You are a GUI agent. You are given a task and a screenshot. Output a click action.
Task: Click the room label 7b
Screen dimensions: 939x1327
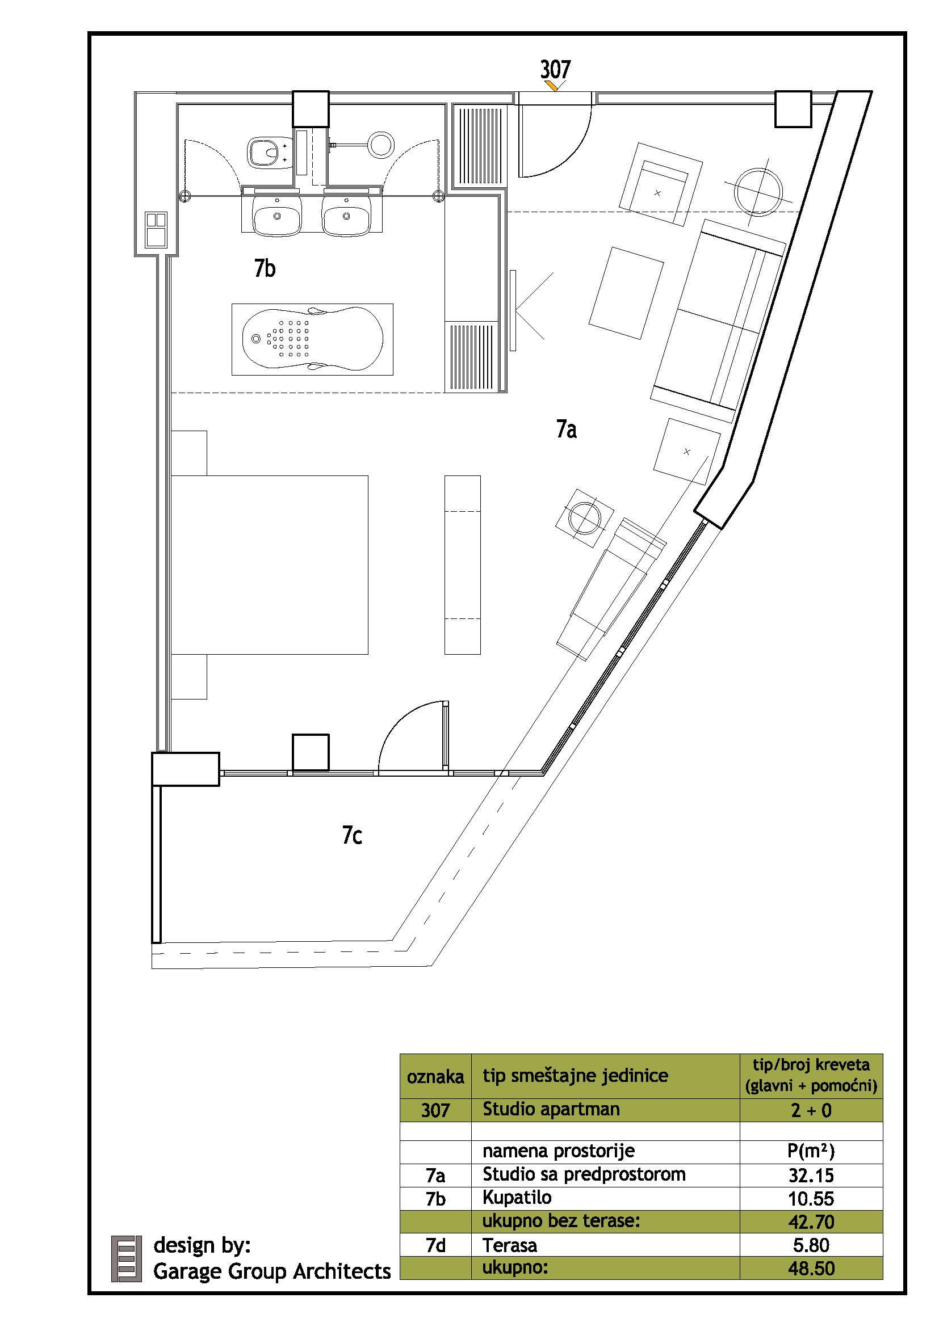coord(265,268)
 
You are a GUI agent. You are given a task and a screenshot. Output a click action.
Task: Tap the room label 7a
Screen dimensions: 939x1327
coord(566,429)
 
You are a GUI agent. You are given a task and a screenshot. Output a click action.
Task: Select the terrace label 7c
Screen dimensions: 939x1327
coord(352,835)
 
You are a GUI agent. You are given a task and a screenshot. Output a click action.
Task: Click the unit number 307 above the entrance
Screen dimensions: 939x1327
coord(555,69)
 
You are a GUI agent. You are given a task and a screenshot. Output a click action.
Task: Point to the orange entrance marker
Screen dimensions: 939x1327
coord(552,86)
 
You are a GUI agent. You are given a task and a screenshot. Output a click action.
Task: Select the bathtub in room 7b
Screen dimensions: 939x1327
coord(312,339)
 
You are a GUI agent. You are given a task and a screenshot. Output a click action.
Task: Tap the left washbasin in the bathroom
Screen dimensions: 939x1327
coord(277,216)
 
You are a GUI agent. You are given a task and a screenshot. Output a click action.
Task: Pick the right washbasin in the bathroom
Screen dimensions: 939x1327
coord(346,216)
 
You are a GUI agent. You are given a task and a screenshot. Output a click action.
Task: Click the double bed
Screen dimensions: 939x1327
coord(270,564)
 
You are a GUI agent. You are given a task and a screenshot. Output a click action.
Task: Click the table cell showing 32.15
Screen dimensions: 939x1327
coord(811,1176)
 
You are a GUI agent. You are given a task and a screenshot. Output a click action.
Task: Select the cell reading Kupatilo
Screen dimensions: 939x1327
coord(517,1198)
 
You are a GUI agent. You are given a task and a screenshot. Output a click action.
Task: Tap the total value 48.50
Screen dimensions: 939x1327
coord(811,1269)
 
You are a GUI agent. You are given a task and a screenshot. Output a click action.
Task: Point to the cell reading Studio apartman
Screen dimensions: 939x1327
coord(551,1109)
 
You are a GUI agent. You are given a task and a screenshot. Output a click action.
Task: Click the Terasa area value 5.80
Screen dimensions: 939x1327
coord(811,1245)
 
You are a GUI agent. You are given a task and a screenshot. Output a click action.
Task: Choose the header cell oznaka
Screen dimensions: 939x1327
coord(435,1077)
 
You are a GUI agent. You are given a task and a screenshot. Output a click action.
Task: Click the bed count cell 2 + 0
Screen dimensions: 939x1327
coord(811,1110)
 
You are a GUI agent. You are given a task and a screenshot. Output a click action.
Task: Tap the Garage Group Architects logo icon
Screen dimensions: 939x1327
coord(126,1258)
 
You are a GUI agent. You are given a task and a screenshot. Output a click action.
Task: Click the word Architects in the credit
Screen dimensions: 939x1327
coord(342,1271)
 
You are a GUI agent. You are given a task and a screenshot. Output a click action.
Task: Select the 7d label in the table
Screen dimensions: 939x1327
coord(435,1245)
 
